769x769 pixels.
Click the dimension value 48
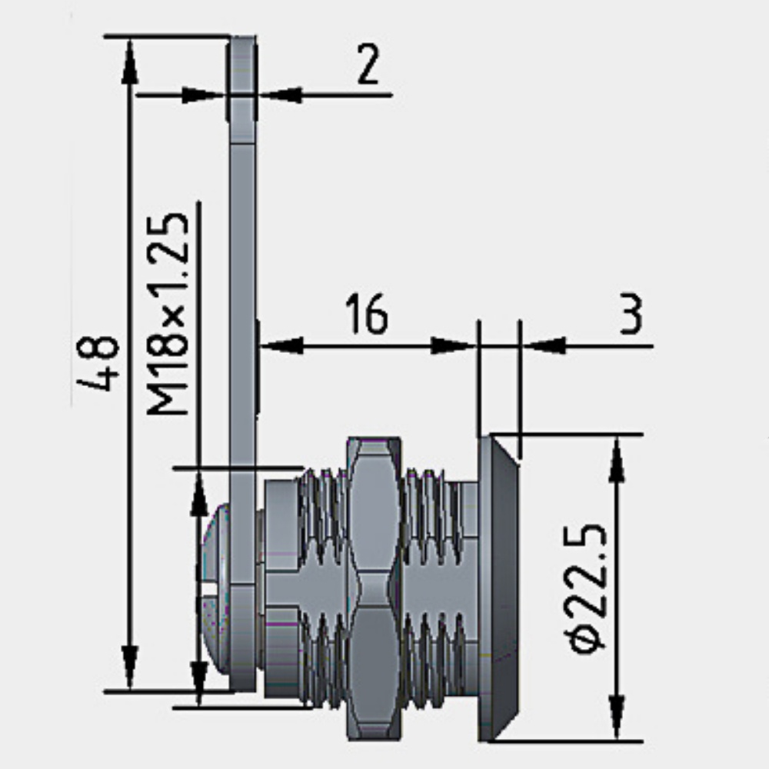coord(98,363)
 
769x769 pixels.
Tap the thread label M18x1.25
coord(168,314)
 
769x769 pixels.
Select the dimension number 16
coord(367,314)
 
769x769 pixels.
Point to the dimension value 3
coord(631,314)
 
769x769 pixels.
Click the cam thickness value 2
coord(368,64)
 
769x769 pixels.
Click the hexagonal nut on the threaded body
coord(375,588)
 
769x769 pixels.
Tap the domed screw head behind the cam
coord(215,588)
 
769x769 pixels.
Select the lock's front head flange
coord(498,588)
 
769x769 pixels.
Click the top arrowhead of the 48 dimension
coord(129,62)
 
